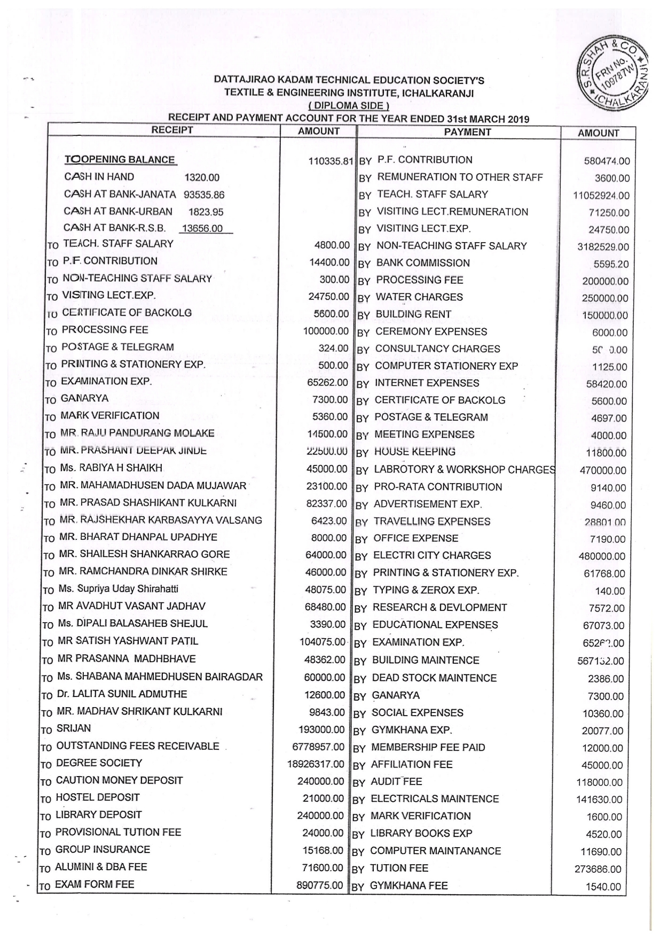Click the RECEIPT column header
pos(172,130)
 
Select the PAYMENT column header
pos(467,132)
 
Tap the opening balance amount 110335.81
pos(331,161)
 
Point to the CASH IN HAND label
pos(99,177)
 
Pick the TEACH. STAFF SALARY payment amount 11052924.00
pos(601,196)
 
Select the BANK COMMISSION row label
pos(423,263)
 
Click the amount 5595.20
pos(611,264)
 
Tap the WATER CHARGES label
pos(419,297)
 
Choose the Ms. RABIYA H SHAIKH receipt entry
pos(111,468)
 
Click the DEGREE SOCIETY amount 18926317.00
pos(316,764)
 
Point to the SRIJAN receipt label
pos(74,728)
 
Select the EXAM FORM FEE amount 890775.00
pos(319,885)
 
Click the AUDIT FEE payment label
pos(396,782)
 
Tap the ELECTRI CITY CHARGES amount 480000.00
pos(602,556)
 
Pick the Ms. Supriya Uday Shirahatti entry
pos(118,589)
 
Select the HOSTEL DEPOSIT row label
pos(98,797)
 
